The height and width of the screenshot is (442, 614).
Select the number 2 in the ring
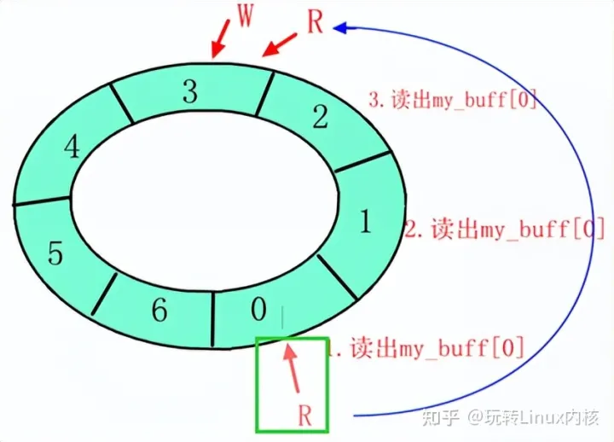[320, 117]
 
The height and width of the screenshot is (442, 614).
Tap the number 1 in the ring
[365, 223]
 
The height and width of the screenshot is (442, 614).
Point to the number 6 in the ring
[159, 311]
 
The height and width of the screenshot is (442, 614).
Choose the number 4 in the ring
[72, 148]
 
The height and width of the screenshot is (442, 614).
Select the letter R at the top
[315, 23]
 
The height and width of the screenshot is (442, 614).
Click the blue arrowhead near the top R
[339, 27]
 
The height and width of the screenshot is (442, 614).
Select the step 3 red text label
[452, 99]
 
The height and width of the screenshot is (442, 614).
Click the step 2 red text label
[506, 229]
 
